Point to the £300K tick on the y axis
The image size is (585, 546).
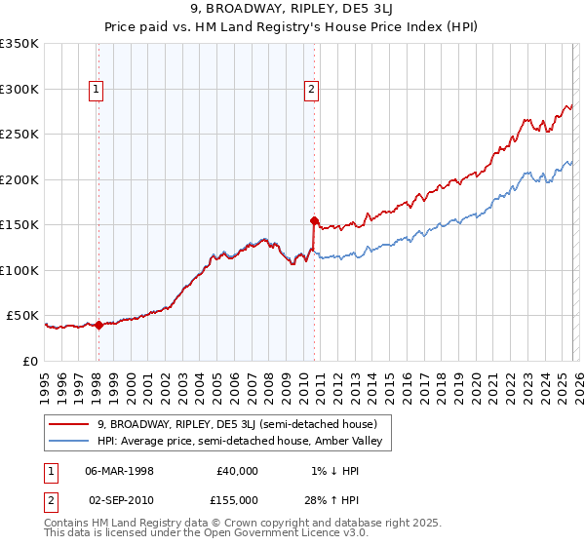19,89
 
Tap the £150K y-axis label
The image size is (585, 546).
19,225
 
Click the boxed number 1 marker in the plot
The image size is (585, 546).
97,90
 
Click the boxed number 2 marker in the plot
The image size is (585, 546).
311,90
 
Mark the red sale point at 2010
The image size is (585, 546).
314,220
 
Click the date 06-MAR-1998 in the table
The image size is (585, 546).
119,470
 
